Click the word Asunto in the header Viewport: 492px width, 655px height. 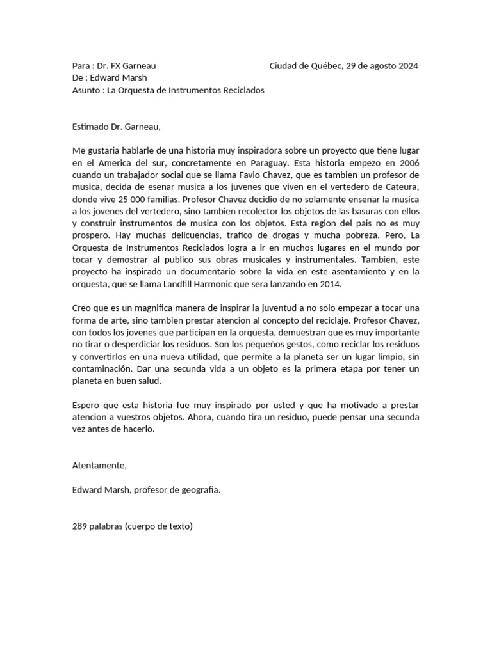(x=87, y=90)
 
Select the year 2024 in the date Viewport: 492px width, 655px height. (x=407, y=66)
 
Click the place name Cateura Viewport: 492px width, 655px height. (x=402, y=187)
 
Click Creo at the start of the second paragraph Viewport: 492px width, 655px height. (x=83, y=308)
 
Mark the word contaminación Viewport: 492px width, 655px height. (x=104, y=369)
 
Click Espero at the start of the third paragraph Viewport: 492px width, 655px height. (x=87, y=406)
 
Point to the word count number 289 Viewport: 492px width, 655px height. (x=80, y=526)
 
